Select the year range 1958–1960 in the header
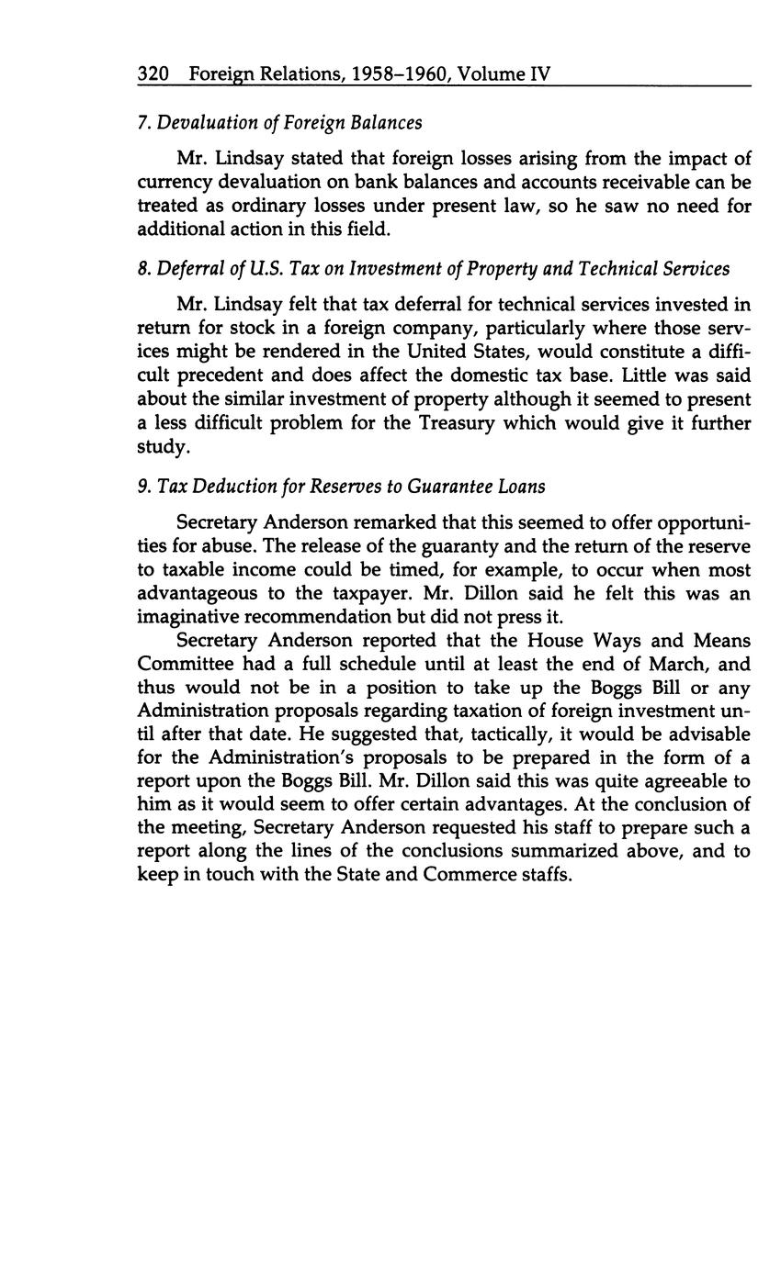pyautogui.click(x=382, y=73)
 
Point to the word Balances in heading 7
pyautogui.click(x=387, y=122)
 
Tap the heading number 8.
pyautogui.click(x=142, y=269)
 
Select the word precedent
pyautogui.click(x=214, y=375)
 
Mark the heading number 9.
pyautogui.click(x=142, y=487)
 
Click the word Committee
pyautogui.click(x=180, y=664)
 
